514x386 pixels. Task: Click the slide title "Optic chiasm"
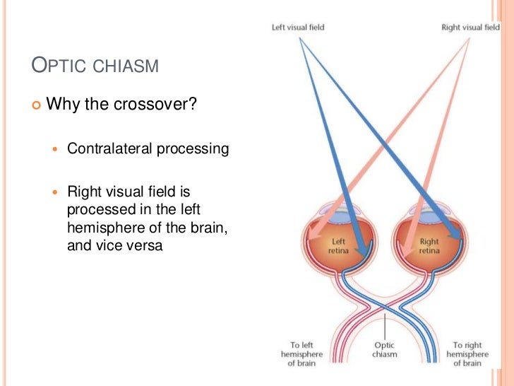95,67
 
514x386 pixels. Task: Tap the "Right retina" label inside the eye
429,246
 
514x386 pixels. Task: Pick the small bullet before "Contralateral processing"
57,150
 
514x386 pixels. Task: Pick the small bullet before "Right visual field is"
57,192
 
